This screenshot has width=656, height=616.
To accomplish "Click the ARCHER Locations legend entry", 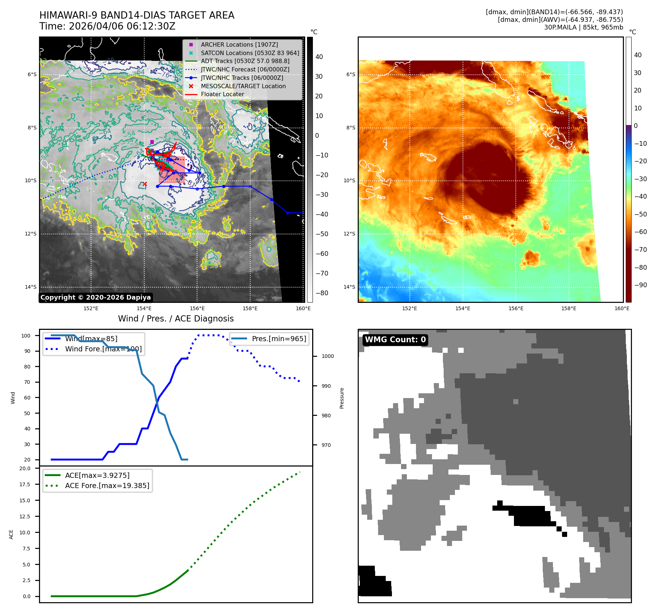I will [x=239, y=44].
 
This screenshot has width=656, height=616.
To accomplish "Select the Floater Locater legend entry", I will [x=222, y=94].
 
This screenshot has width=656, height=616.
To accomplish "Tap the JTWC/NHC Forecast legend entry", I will [x=245, y=69].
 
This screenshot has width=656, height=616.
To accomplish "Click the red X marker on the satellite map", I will [x=145, y=184].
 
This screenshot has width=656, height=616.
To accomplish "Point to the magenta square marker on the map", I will [x=152, y=142].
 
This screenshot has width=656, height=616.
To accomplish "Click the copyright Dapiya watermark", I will [x=95, y=297].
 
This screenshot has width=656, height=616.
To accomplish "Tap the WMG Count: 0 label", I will [x=395, y=340].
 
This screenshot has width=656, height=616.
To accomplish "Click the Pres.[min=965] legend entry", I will [x=279, y=339].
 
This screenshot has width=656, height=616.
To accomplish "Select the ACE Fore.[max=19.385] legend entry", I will [x=107, y=486].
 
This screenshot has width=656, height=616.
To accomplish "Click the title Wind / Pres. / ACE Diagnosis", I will [x=176, y=319].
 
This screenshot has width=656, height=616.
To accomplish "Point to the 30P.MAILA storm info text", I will [x=583, y=27].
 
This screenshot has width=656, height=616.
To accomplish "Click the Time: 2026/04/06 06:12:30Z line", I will [x=107, y=26].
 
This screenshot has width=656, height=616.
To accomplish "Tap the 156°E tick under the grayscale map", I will [x=197, y=308].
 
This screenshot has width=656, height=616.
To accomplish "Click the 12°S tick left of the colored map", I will [x=349, y=234].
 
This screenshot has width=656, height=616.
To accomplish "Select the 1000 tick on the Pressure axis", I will [x=327, y=356].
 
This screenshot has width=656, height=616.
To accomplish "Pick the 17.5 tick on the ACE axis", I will [x=25, y=484].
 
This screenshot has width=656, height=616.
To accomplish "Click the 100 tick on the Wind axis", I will [x=26, y=336].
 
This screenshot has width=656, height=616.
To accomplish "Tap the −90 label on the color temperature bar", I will [x=640, y=285].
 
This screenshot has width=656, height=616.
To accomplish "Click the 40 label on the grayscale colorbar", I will [x=319, y=57].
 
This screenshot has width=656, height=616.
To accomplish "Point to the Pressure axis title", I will [x=342, y=398].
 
